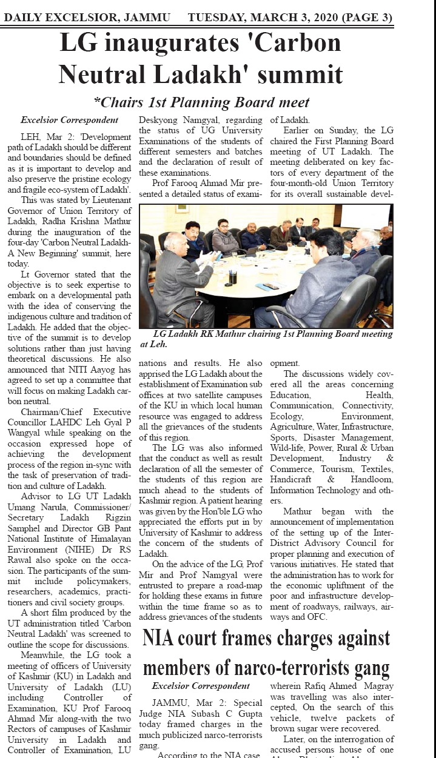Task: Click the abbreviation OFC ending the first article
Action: pos(317,617)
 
